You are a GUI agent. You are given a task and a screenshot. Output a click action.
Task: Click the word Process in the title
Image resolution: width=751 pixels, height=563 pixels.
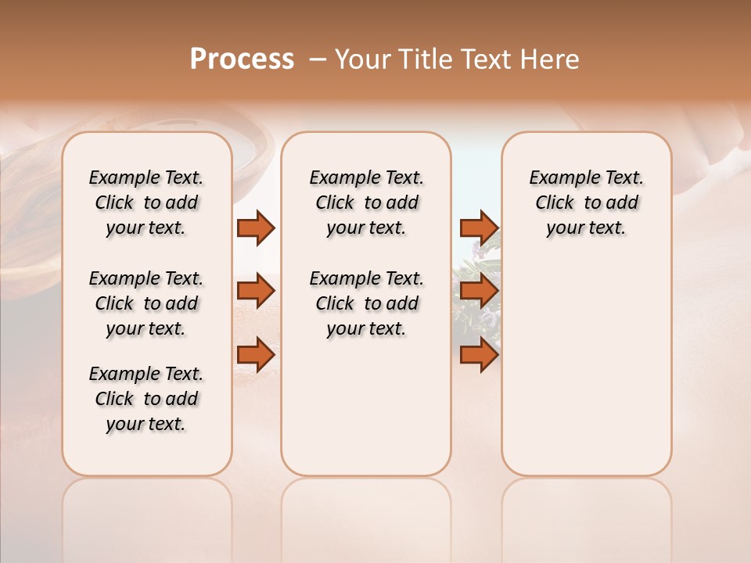[x=242, y=59]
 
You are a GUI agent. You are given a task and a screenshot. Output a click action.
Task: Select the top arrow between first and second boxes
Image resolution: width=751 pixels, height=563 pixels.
[x=256, y=228]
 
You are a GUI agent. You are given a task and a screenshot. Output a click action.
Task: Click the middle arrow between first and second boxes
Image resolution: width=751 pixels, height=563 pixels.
[x=256, y=291]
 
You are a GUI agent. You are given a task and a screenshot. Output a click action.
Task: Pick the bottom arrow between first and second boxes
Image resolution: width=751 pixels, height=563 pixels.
[x=256, y=355]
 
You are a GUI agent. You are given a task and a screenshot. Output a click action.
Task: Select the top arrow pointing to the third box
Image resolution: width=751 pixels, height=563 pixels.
[x=479, y=228]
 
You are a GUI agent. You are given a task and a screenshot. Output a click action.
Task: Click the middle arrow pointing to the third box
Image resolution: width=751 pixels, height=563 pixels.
[x=479, y=291]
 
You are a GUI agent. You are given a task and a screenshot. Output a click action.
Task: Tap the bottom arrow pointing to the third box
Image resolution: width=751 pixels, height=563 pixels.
[x=479, y=355]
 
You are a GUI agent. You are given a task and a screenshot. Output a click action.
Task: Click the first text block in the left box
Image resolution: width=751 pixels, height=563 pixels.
[x=146, y=203]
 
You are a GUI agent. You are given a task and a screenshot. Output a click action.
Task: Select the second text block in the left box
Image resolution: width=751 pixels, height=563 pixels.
[x=146, y=303]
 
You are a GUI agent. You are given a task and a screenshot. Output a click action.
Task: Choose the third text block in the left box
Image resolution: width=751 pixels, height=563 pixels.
[x=146, y=399]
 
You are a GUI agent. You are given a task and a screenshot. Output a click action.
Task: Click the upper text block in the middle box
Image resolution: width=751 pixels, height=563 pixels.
[x=366, y=203]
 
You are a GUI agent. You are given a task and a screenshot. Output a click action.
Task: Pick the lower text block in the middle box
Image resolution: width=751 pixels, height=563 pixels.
[x=366, y=303]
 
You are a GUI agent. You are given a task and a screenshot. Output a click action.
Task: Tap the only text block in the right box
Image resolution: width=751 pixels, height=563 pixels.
[x=586, y=203]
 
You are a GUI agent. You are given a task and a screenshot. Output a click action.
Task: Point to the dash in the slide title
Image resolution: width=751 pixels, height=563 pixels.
[x=317, y=59]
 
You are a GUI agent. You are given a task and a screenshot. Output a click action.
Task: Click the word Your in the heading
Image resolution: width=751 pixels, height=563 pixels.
[x=364, y=59]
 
